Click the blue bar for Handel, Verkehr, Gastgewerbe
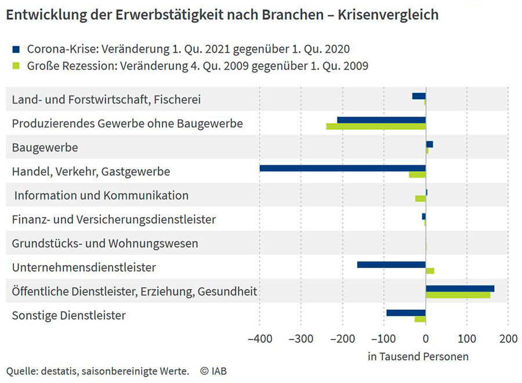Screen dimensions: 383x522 pos(342,168)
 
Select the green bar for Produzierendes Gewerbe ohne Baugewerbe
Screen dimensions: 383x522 pos(376,127)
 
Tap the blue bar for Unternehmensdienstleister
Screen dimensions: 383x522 pos(391,265)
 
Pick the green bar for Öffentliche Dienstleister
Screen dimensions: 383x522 pos(458,295)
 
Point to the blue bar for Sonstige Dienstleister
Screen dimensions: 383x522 pos(405,313)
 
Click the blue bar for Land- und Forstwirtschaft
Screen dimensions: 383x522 pos(419,96)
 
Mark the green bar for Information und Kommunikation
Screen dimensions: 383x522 pos(420,198)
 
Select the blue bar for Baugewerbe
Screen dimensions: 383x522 pos(429,144)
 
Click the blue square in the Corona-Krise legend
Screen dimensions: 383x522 pos(16,49)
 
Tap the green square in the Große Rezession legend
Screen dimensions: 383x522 pos(16,66)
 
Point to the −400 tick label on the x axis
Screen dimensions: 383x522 pos(259,339)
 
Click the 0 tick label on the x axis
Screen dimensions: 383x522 pos(426,339)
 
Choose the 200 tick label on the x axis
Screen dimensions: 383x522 pos(508,339)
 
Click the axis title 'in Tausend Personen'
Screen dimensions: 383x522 pos(418,356)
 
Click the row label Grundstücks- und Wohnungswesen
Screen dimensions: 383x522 pos(105,243)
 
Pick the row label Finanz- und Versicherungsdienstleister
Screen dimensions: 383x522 pos(114,219)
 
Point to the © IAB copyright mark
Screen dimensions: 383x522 pos(213,370)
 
